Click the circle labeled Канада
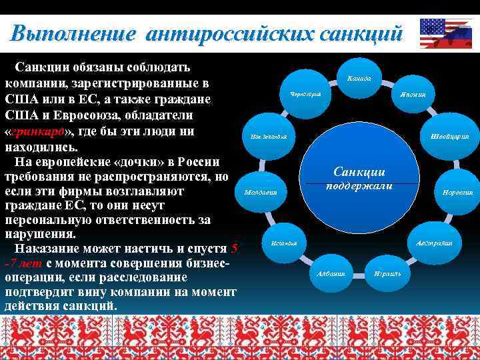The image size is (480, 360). [359, 79]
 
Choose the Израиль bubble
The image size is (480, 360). [387, 273]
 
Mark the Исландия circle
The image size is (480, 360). [284, 242]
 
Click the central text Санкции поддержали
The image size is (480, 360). [359, 179]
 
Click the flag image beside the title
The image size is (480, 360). [445, 33]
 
